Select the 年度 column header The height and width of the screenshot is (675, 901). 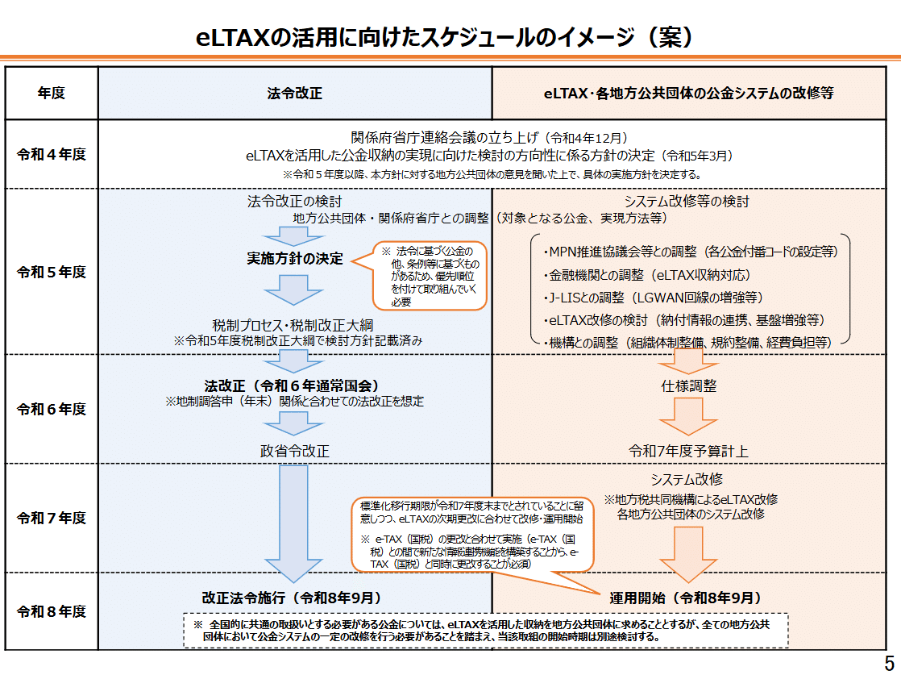point(52,93)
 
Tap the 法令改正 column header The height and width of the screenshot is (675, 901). point(295,93)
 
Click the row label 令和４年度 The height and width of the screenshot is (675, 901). point(52,153)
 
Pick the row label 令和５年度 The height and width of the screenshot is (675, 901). point(52,272)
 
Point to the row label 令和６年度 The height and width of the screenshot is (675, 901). point(52,409)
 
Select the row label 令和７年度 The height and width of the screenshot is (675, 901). point(52,518)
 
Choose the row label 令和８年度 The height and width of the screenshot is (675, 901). point(52,611)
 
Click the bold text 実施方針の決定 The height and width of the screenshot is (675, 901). point(295,259)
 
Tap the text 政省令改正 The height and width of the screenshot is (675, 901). point(295,451)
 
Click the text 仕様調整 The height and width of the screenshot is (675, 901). point(689,386)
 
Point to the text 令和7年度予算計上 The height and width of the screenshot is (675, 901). point(689,451)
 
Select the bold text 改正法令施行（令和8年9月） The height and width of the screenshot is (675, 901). point(292,598)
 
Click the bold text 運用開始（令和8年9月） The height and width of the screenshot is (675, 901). point(685,598)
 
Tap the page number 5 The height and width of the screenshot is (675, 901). point(889,657)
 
